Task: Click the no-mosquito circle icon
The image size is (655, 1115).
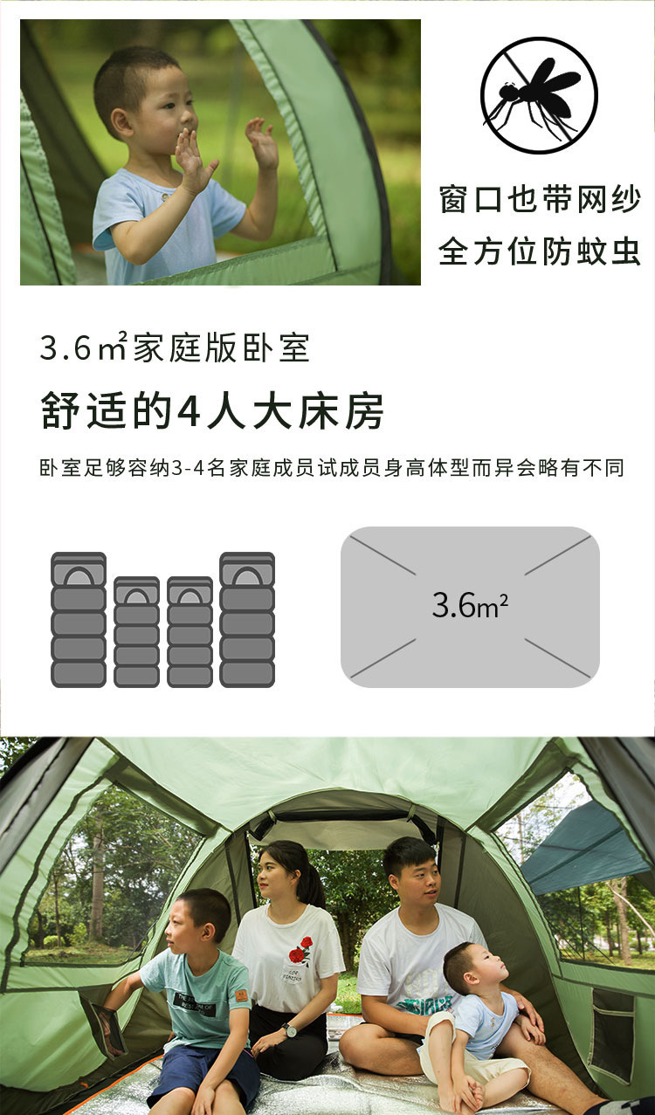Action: point(539,95)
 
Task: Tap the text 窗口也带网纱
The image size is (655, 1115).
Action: point(540,200)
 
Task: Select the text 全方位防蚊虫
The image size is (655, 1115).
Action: point(540,252)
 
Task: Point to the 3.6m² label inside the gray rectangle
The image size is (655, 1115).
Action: point(470,605)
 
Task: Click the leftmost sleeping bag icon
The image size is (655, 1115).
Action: point(79,619)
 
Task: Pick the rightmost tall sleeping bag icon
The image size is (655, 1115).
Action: point(247,619)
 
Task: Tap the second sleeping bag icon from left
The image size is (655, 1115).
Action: point(137,631)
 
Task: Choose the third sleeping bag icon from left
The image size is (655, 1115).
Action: point(190,631)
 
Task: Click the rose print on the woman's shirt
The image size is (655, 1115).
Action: point(300,951)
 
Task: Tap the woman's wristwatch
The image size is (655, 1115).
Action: point(289,1030)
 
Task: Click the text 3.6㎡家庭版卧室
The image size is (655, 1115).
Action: point(175,348)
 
